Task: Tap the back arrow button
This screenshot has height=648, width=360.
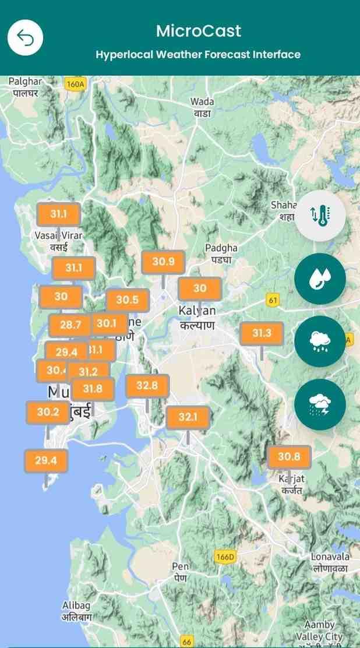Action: [x=25, y=38]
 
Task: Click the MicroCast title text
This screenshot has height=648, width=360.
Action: [x=198, y=31]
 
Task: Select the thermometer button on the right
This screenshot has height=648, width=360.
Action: [x=320, y=216]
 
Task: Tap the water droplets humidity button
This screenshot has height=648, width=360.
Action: [x=320, y=279]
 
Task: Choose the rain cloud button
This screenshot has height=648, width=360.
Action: [x=320, y=341]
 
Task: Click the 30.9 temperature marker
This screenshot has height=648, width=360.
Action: [x=163, y=262]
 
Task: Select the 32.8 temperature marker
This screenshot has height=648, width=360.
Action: [x=147, y=386]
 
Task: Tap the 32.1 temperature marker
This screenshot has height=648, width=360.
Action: [x=188, y=417]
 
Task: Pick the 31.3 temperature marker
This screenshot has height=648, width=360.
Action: [x=262, y=333]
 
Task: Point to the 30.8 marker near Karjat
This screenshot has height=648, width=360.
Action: [x=289, y=457]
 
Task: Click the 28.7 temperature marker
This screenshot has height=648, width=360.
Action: [x=70, y=325]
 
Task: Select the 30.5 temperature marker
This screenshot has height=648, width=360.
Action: [x=127, y=300]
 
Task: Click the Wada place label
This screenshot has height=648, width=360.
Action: [x=202, y=107]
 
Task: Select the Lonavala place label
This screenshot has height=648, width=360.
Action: [x=330, y=562]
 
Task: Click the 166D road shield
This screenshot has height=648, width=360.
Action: [x=225, y=556]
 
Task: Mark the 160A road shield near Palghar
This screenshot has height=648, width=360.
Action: [x=75, y=84]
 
